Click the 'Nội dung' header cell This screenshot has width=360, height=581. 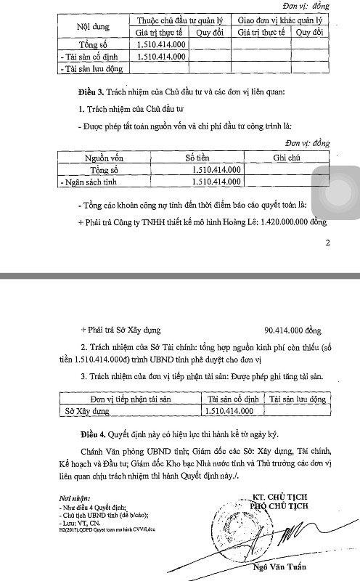[x=88, y=26]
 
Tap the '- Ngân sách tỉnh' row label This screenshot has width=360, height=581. [x=92, y=181]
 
